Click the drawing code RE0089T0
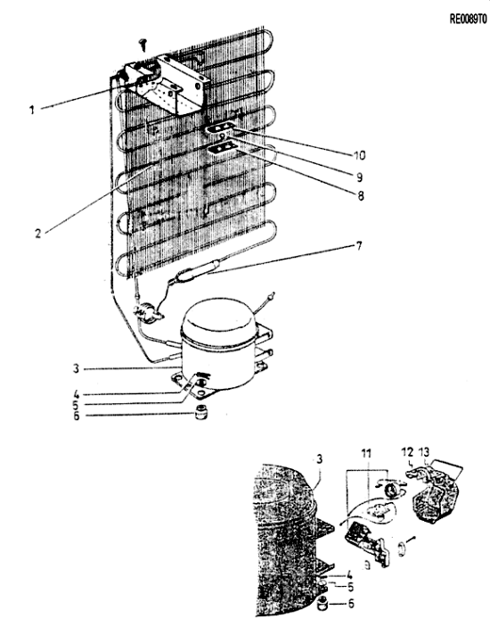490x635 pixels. [x=468, y=20]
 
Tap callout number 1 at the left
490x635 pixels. [x=32, y=110]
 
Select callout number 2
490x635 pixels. [x=37, y=234]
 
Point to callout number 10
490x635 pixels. [x=359, y=154]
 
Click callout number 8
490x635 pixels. [x=361, y=195]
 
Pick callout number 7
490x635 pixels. [x=359, y=246]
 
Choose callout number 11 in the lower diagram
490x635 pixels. [x=366, y=453]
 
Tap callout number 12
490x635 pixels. [x=407, y=451]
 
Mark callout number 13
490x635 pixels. [x=424, y=451]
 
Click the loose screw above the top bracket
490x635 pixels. [x=143, y=44]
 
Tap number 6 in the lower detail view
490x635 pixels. [x=351, y=603]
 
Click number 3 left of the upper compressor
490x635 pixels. [x=76, y=368]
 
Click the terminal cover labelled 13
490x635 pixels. [x=437, y=494]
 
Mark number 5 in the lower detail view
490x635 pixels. [x=350, y=587]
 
